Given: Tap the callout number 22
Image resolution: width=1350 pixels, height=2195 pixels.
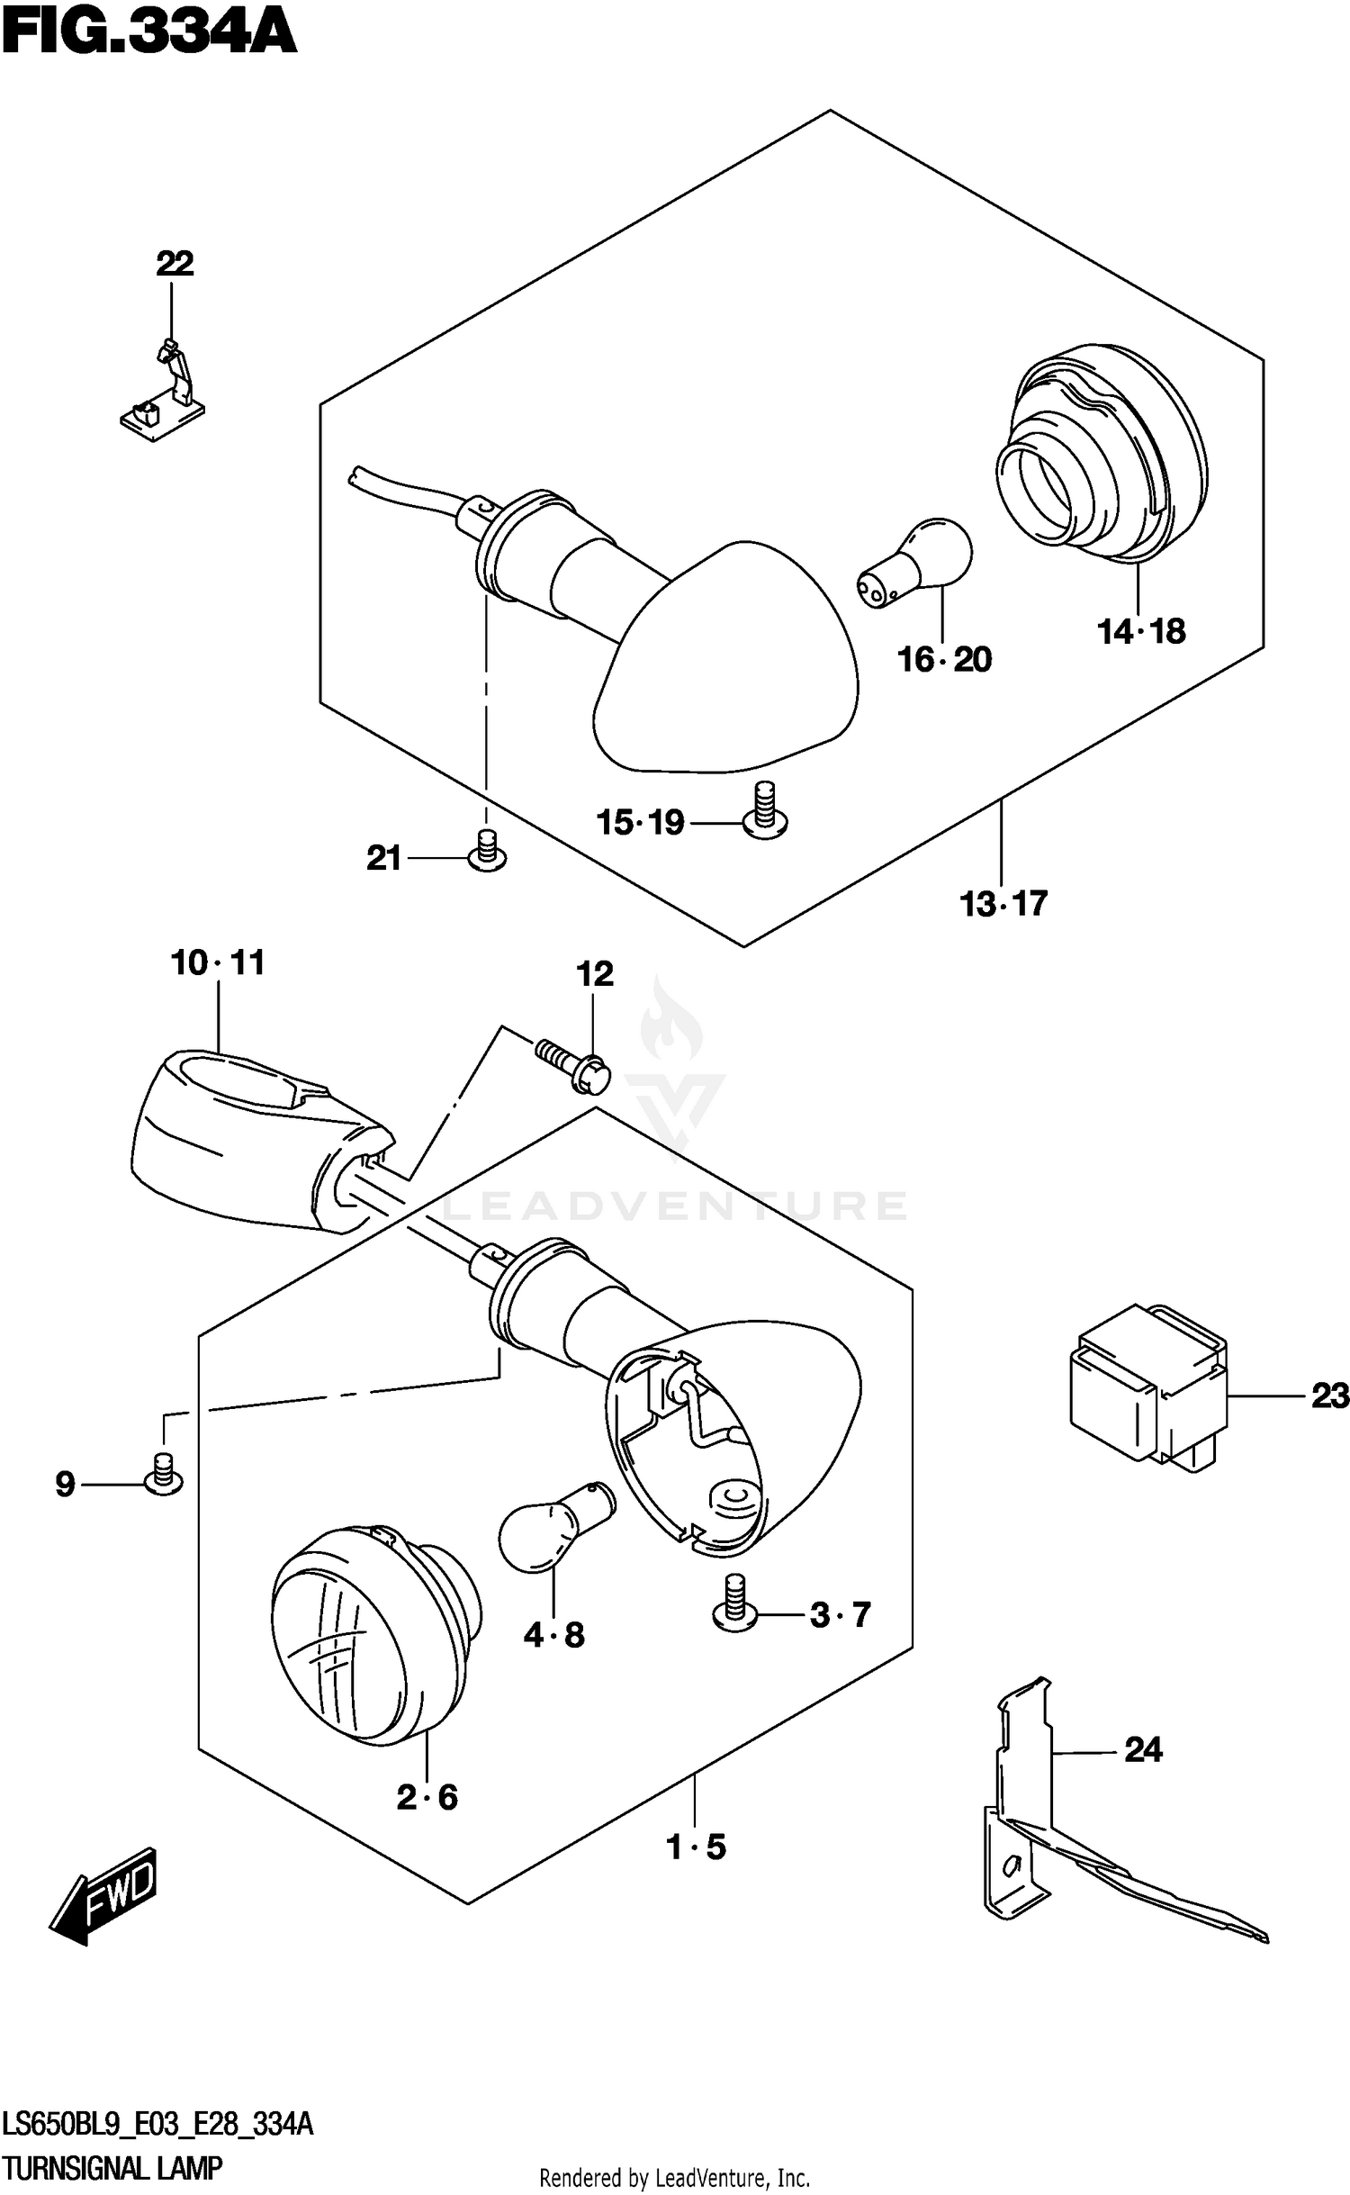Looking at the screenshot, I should coord(175,264).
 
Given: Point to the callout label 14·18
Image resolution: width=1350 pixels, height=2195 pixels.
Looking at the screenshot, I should coord(1140,632).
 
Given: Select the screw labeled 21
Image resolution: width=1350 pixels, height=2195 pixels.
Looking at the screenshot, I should coord(487,852).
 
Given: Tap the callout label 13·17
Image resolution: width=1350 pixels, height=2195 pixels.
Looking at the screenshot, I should coord(1003,903).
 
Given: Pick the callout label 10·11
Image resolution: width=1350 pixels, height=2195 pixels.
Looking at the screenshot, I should coord(218,963).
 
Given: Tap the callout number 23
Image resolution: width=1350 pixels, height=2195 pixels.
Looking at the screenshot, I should coord(1329,1396).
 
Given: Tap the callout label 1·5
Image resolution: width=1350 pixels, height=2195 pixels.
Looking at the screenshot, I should coord(696,1847).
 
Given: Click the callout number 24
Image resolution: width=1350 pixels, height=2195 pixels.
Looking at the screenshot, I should coord(1143,1749).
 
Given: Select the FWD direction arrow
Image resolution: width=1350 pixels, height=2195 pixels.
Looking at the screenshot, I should coord(105,1895).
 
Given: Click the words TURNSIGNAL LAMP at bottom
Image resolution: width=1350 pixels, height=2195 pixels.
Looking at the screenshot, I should coord(112,2168).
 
